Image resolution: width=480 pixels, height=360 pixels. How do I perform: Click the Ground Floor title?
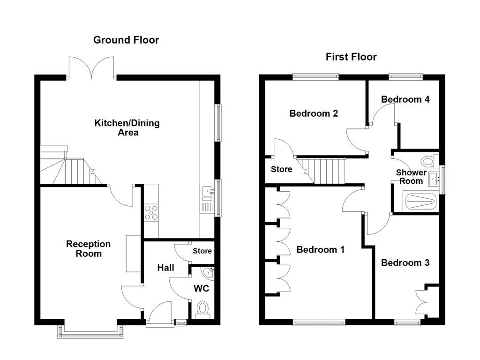click(x=126, y=40)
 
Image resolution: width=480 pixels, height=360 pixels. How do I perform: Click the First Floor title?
click(x=351, y=57)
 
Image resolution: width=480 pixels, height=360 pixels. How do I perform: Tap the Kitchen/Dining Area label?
click(x=127, y=127)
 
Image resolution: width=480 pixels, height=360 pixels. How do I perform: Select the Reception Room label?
click(x=88, y=249)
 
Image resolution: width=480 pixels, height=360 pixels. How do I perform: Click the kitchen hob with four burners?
click(x=151, y=212)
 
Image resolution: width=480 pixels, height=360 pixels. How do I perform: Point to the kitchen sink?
click(x=207, y=191)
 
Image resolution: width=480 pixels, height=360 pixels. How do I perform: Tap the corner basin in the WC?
click(x=208, y=272)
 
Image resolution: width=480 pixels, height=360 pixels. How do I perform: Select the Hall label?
click(x=165, y=268)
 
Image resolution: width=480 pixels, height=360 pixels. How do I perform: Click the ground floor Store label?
click(x=202, y=251)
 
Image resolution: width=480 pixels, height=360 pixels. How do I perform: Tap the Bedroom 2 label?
click(x=314, y=113)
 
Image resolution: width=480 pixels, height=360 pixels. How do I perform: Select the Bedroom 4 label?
click(x=405, y=99)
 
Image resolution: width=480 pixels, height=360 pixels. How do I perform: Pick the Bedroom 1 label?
click(x=321, y=250)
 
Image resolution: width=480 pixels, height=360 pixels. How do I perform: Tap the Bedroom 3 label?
click(x=405, y=263)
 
